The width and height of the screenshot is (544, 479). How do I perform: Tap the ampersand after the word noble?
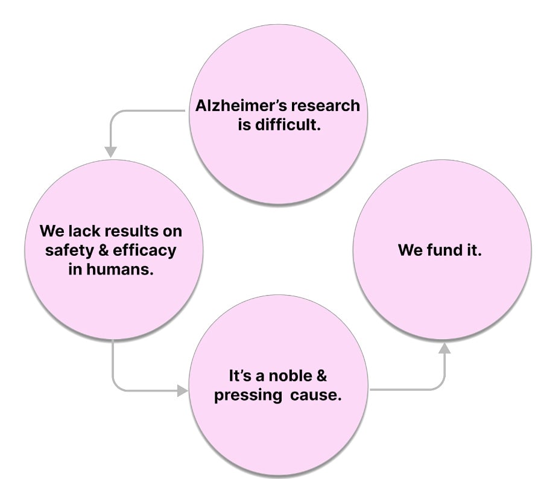[321, 376]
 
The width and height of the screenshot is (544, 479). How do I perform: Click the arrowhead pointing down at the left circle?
[110, 151]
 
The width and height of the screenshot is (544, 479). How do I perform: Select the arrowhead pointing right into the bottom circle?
[182, 392]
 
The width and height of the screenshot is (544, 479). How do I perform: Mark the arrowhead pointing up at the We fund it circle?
[444, 348]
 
